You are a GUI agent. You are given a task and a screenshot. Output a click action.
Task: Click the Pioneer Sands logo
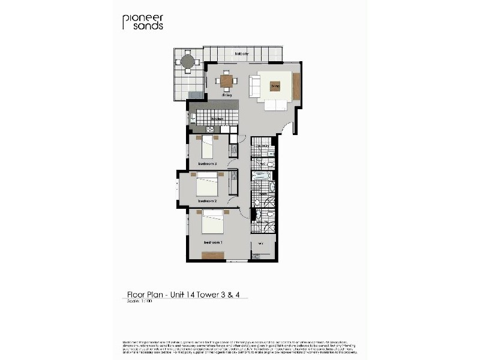coord(143,22)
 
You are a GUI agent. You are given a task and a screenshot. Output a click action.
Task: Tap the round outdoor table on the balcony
coord(188,61)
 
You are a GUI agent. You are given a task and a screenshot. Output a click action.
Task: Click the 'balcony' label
coord(242,54)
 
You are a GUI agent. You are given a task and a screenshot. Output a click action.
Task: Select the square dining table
coord(226,80)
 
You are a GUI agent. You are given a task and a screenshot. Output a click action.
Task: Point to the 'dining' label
coord(226,95)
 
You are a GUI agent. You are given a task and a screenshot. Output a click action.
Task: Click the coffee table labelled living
coord(275,86)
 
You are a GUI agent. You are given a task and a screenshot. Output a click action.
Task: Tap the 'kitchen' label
coord(217,119)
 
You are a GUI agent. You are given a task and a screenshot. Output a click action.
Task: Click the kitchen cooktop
coord(211,129)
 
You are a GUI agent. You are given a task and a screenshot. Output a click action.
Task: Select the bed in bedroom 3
coord(208,146)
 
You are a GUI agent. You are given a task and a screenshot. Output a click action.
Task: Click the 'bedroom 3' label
coord(207,163)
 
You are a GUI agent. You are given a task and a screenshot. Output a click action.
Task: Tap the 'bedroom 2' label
coord(207,200)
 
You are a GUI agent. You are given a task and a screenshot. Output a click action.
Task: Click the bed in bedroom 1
coord(212,222)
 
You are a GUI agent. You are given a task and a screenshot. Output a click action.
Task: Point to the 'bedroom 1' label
coord(212,242)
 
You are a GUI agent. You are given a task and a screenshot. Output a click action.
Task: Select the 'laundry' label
coord(263,146)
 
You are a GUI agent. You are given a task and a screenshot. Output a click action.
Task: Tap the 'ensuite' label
coord(262,222)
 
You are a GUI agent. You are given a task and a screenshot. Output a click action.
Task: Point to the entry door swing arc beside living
coord(289,127)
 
